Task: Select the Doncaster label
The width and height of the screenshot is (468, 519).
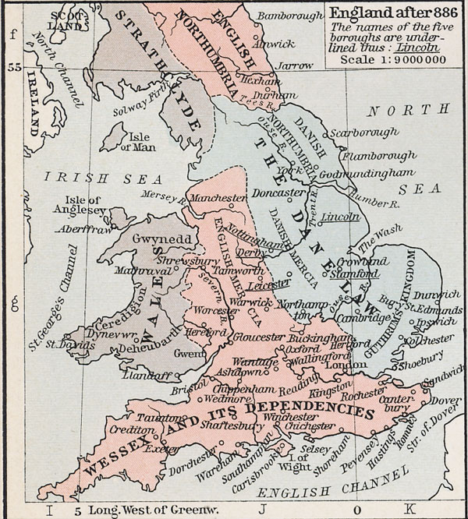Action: tap(274, 192)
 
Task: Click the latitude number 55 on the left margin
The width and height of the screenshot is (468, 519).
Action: tap(13, 68)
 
